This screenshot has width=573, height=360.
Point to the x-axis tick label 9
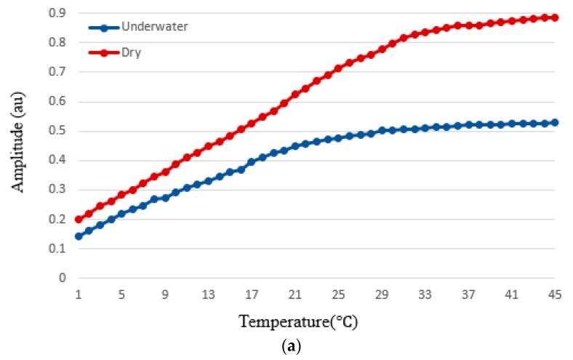[165, 295]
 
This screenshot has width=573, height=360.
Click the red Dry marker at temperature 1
[79, 219]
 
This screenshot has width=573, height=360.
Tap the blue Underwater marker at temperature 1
[79, 236]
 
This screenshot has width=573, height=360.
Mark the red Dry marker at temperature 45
[555, 17]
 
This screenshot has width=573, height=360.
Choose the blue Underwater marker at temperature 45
[555, 123]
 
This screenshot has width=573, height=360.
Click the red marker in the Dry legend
[104, 52]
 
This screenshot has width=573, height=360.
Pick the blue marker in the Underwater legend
[104, 28]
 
